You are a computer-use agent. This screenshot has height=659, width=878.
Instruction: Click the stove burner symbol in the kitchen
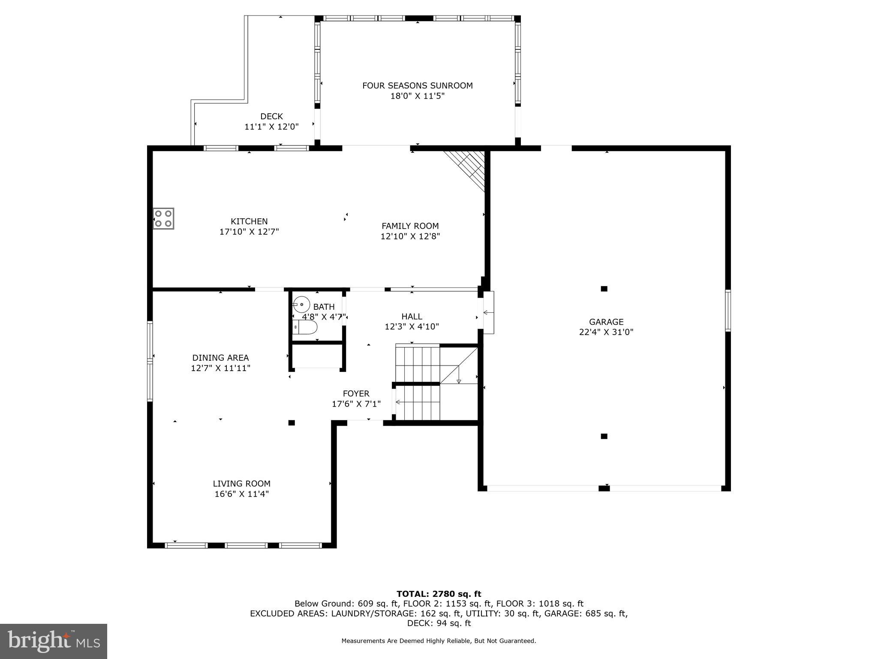click(163, 218)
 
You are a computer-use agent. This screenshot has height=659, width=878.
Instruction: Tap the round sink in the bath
click(302, 305)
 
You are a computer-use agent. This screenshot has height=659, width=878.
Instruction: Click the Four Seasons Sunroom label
click(417, 85)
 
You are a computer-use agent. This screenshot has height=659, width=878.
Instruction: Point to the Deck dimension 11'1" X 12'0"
click(271, 127)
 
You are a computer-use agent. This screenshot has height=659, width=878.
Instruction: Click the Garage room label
click(606, 322)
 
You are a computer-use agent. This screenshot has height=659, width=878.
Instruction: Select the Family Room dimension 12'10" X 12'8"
click(410, 236)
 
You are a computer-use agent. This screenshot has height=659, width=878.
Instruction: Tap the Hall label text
click(412, 316)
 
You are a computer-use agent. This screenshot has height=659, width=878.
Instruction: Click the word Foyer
click(356, 393)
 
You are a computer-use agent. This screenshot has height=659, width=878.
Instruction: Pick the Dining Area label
click(220, 358)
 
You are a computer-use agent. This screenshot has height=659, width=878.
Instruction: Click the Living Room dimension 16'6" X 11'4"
click(241, 494)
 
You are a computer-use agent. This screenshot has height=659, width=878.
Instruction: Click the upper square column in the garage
click(604, 289)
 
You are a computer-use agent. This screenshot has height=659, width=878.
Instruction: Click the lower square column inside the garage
click(604, 436)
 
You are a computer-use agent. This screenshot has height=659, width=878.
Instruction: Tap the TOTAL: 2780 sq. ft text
click(439, 594)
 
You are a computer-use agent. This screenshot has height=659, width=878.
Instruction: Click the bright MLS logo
click(53, 641)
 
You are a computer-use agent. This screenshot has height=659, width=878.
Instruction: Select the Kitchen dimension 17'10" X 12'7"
click(249, 232)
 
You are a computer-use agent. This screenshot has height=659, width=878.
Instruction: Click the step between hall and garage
click(488, 312)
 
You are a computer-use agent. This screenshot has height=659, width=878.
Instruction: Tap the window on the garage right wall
click(728, 310)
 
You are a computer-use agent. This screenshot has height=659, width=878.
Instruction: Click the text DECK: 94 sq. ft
click(439, 623)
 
